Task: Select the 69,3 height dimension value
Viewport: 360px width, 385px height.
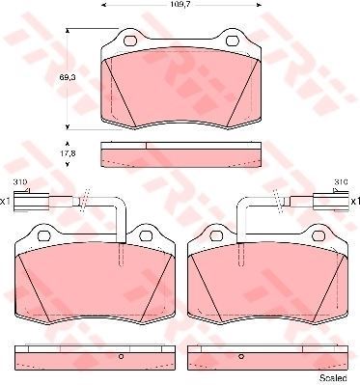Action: pos(65,77)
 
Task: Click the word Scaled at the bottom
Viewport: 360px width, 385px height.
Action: pos(333,377)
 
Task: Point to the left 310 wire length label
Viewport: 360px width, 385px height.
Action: pos(19,182)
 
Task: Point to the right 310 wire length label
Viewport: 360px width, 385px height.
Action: pos(341,182)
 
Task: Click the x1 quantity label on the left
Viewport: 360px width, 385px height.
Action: pos(5,202)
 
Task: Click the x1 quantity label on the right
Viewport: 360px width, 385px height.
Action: pos(355,202)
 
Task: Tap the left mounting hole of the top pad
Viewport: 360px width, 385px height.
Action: pos(130,41)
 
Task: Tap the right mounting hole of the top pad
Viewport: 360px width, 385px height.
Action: pos(232,41)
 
